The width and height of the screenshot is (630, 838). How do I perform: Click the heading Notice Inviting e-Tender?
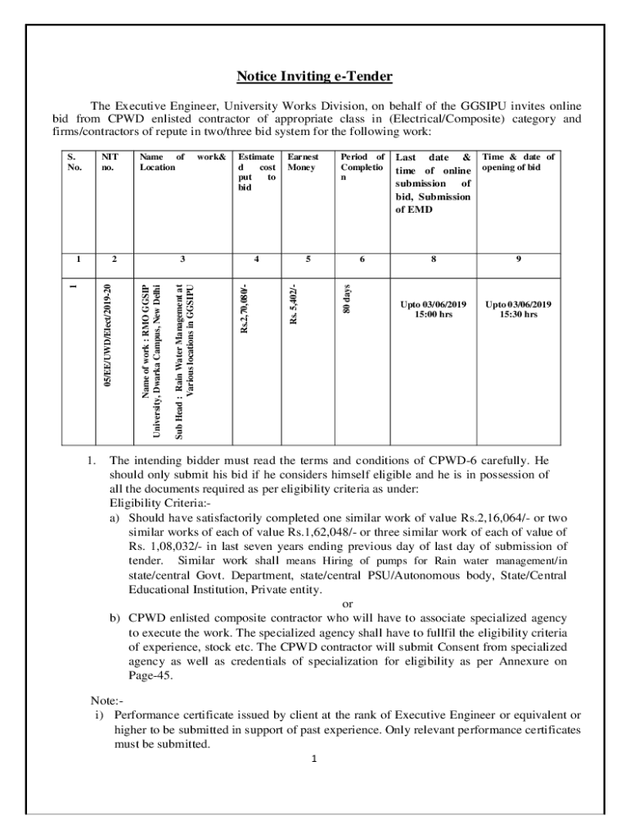315,77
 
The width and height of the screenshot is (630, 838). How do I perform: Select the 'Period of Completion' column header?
362,167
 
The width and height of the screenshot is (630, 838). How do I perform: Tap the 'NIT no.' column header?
109,161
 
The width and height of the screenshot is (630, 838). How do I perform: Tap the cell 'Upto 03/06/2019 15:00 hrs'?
433,309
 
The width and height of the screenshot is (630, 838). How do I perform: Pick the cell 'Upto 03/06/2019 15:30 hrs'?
518,309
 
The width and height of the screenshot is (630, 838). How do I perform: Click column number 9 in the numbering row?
518,259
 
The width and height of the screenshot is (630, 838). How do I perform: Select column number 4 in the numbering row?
256,259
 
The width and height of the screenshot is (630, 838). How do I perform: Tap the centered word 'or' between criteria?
347,604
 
